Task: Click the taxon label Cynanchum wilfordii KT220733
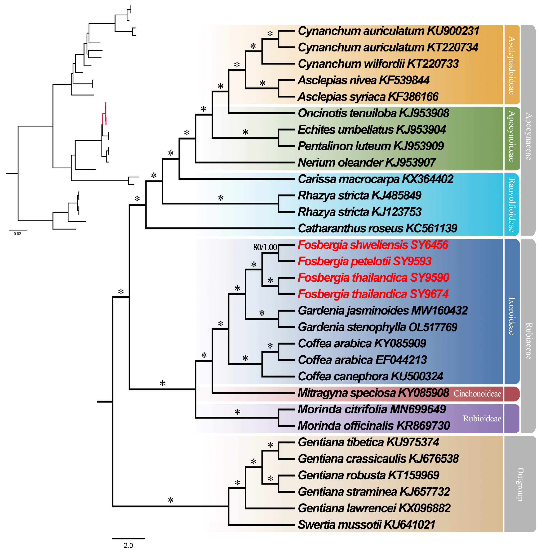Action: (378, 64)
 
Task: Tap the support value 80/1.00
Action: (265, 247)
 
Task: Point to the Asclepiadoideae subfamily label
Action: (511, 65)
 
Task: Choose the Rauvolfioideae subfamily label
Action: (511, 204)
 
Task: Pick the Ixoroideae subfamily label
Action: (511, 316)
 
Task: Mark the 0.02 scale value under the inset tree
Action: (17, 234)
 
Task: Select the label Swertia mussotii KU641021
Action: (367, 525)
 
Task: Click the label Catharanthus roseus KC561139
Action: (377, 228)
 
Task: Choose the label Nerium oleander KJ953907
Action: (367, 162)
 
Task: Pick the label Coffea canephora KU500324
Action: (370, 376)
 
